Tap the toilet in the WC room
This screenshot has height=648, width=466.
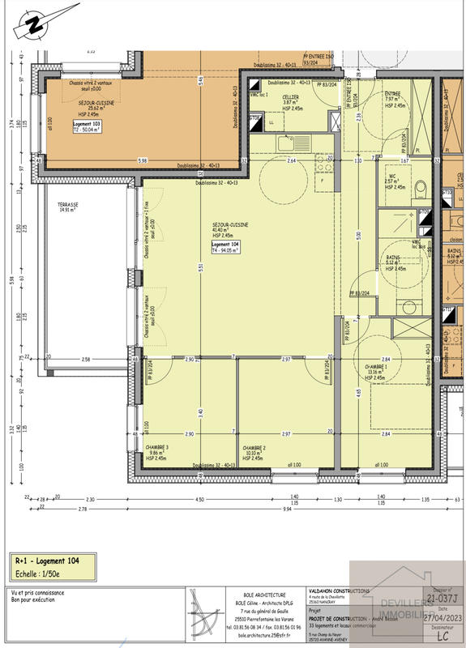pyautogui.click(x=420, y=189)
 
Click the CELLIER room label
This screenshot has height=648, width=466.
pyautogui.click(x=290, y=97)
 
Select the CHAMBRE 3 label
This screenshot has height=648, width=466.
pyautogui.click(x=158, y=447)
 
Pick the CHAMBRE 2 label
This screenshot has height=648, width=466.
pyautogui.click(x=254, y=447)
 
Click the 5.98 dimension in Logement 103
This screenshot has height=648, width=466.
pyautogui.click(x=143, y=160)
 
